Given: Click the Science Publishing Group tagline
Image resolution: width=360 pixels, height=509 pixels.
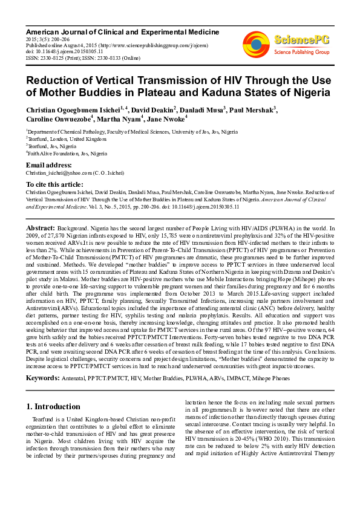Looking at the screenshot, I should (x=301, y=52).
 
